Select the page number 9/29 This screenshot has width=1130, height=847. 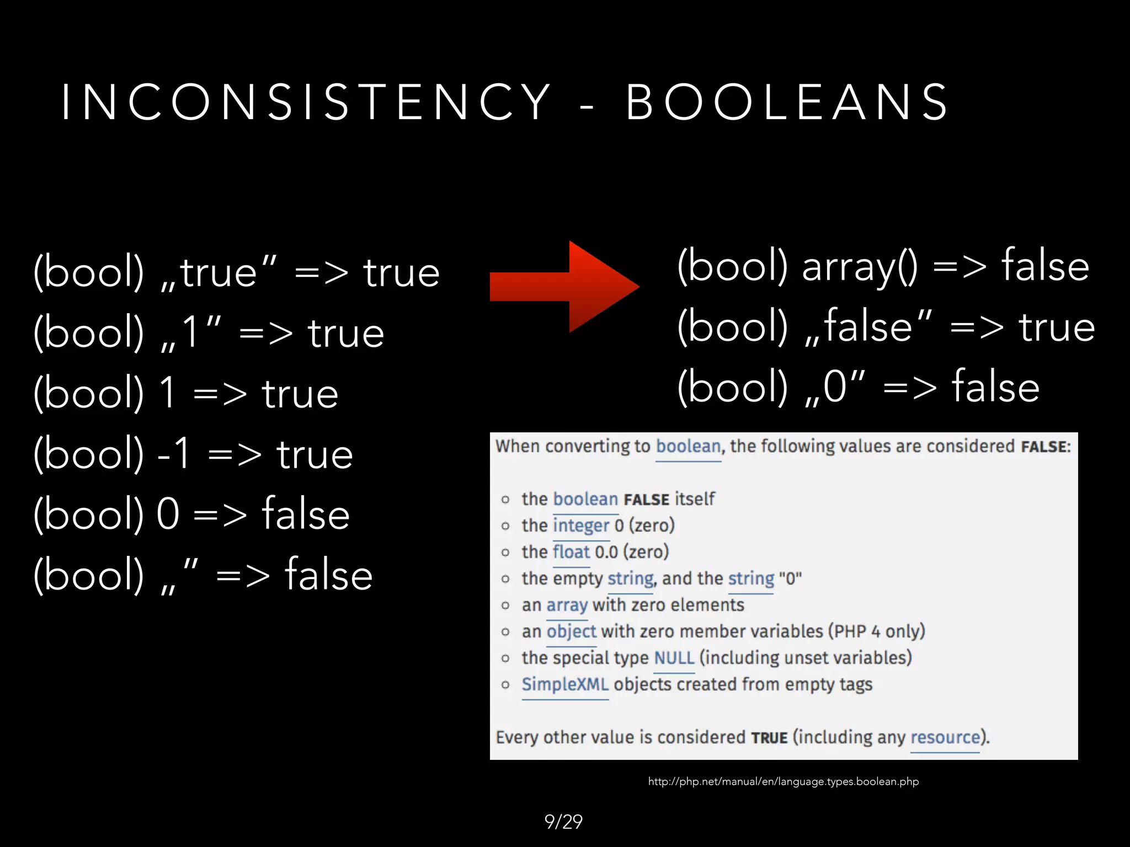(563, 822)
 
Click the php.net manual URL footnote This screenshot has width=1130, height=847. (783, 781)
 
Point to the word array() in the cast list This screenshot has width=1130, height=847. (860, 267)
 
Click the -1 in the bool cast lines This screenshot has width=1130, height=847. (174, 454)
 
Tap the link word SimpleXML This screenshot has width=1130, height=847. (565, 684)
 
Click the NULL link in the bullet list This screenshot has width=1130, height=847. (674, 658)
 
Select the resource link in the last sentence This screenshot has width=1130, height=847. (945, 737)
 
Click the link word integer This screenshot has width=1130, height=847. (581, 526)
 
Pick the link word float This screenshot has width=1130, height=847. (572, 552)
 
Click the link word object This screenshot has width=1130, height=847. (571, 631)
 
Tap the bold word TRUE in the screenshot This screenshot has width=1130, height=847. (769, 738)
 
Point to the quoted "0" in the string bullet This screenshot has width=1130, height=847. (790, 579)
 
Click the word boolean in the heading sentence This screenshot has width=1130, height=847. (688, 446)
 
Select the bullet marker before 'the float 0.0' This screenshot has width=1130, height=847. (505, 553)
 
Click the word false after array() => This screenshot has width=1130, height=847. (1045, 267)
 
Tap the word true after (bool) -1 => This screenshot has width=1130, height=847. (315, 454)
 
